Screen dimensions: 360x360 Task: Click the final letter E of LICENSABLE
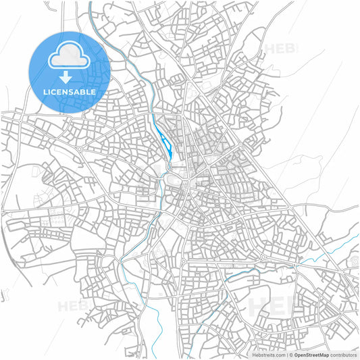[x=93, y=91]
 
